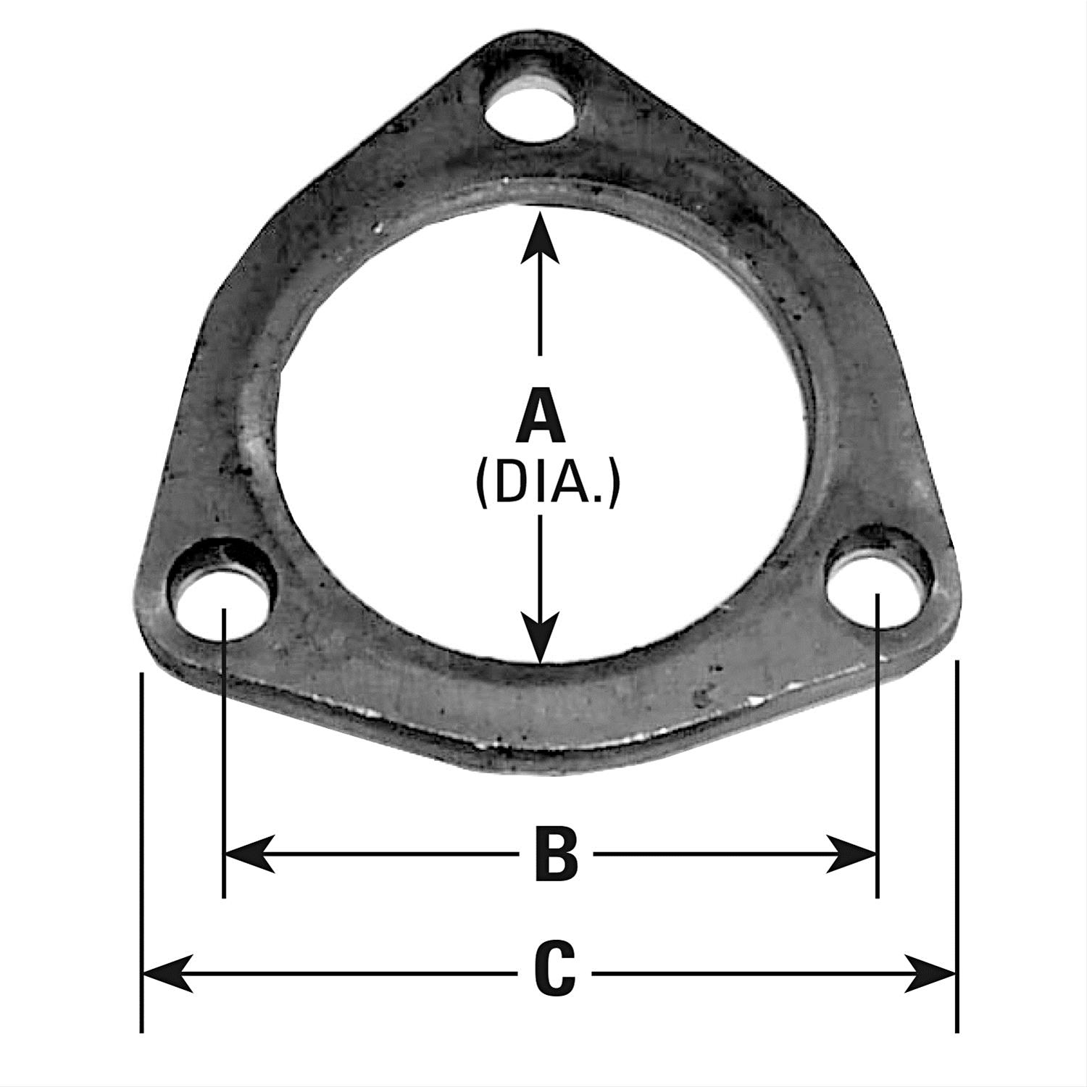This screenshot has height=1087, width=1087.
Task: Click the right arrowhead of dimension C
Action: [x=931, y=973]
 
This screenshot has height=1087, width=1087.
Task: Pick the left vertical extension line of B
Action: [x=225, y=761]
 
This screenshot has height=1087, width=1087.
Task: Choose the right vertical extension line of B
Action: [x=878, y=761]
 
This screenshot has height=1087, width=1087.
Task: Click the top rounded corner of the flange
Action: [x=537, y=47]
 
